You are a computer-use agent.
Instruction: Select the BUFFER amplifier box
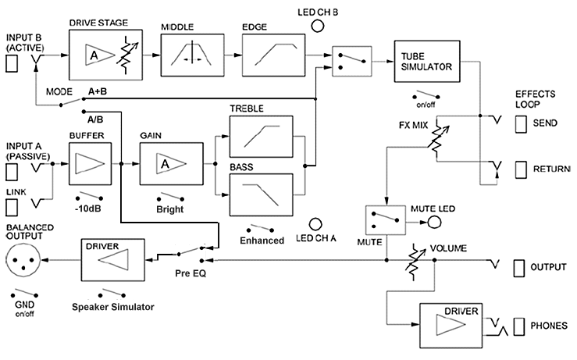click(x=90, y=165)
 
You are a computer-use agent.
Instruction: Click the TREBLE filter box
click(x=262, y=137)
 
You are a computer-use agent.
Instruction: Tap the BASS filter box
click(x=262, y=193)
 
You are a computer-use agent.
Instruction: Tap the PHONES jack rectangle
click(x=521, y=325)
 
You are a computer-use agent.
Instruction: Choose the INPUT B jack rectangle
click(x=12, y=64)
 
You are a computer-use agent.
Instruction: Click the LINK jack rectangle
click(x=12, y=206)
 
